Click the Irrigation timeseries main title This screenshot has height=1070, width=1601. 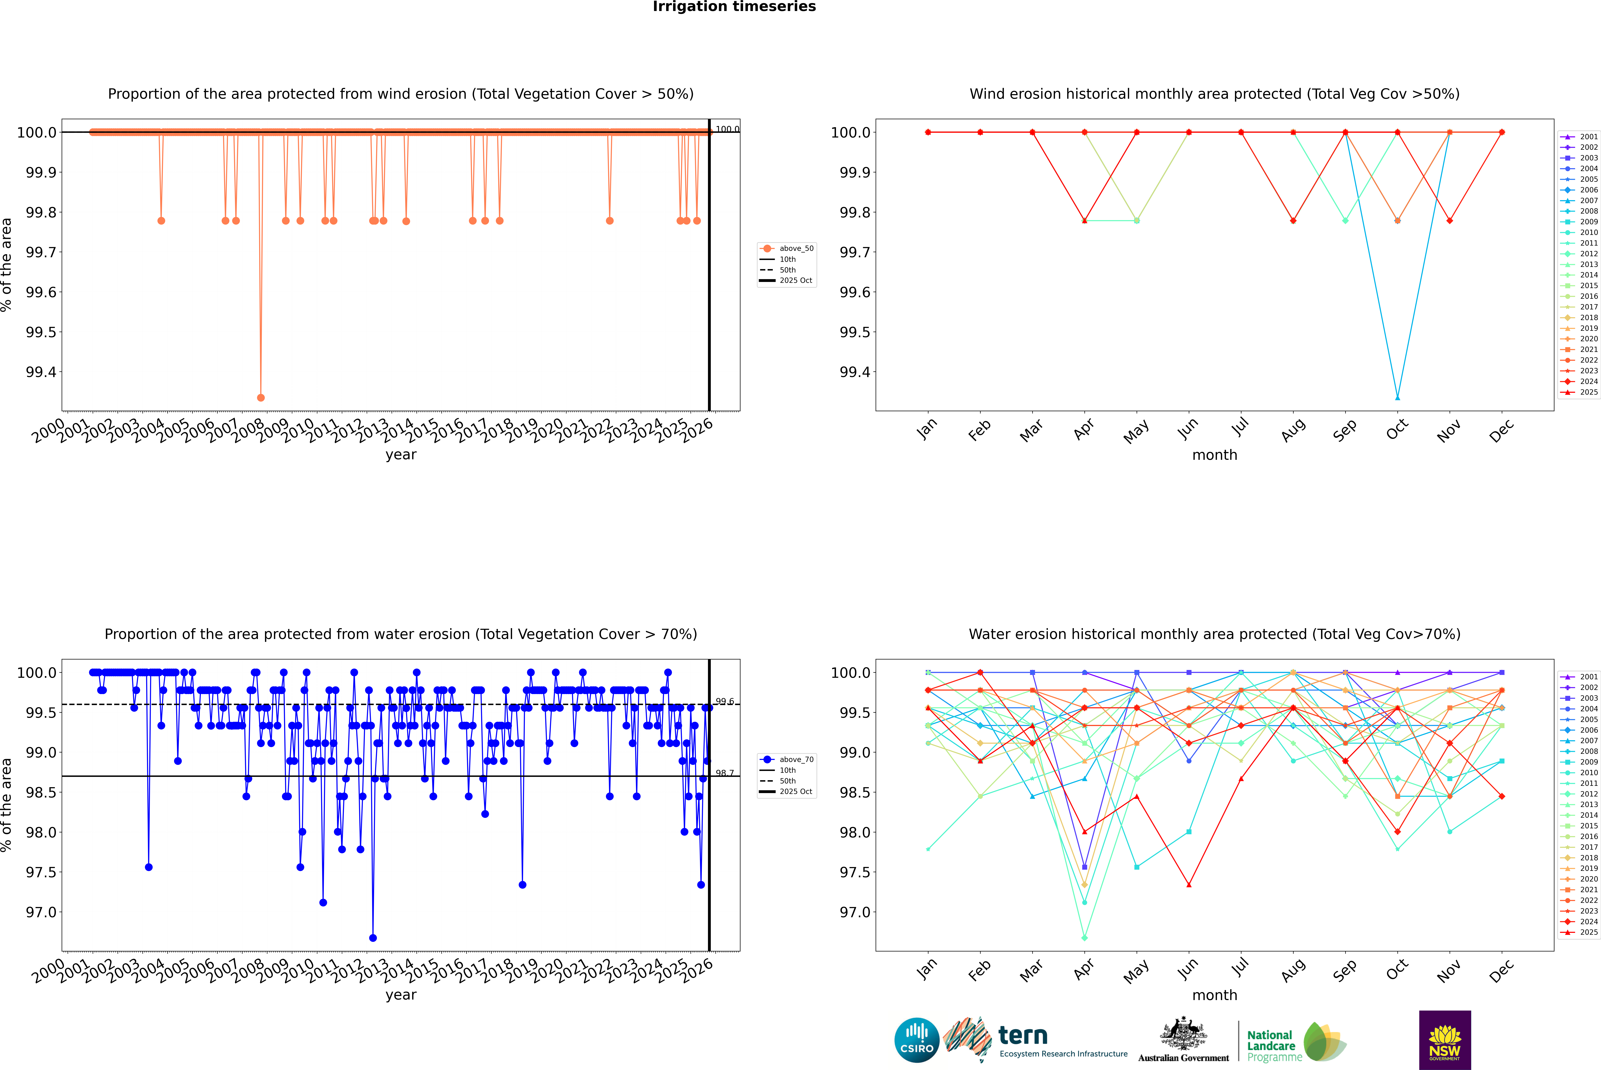point(734,7)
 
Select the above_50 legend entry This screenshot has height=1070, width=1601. point(787,248)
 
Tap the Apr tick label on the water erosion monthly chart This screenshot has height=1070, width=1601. point(1084,969)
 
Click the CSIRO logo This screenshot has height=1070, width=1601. point(917,1040)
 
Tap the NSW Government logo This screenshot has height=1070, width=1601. point(1445,1040)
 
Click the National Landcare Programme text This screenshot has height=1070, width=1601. point(1271,1045)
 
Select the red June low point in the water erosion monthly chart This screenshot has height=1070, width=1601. point(1189,885)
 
